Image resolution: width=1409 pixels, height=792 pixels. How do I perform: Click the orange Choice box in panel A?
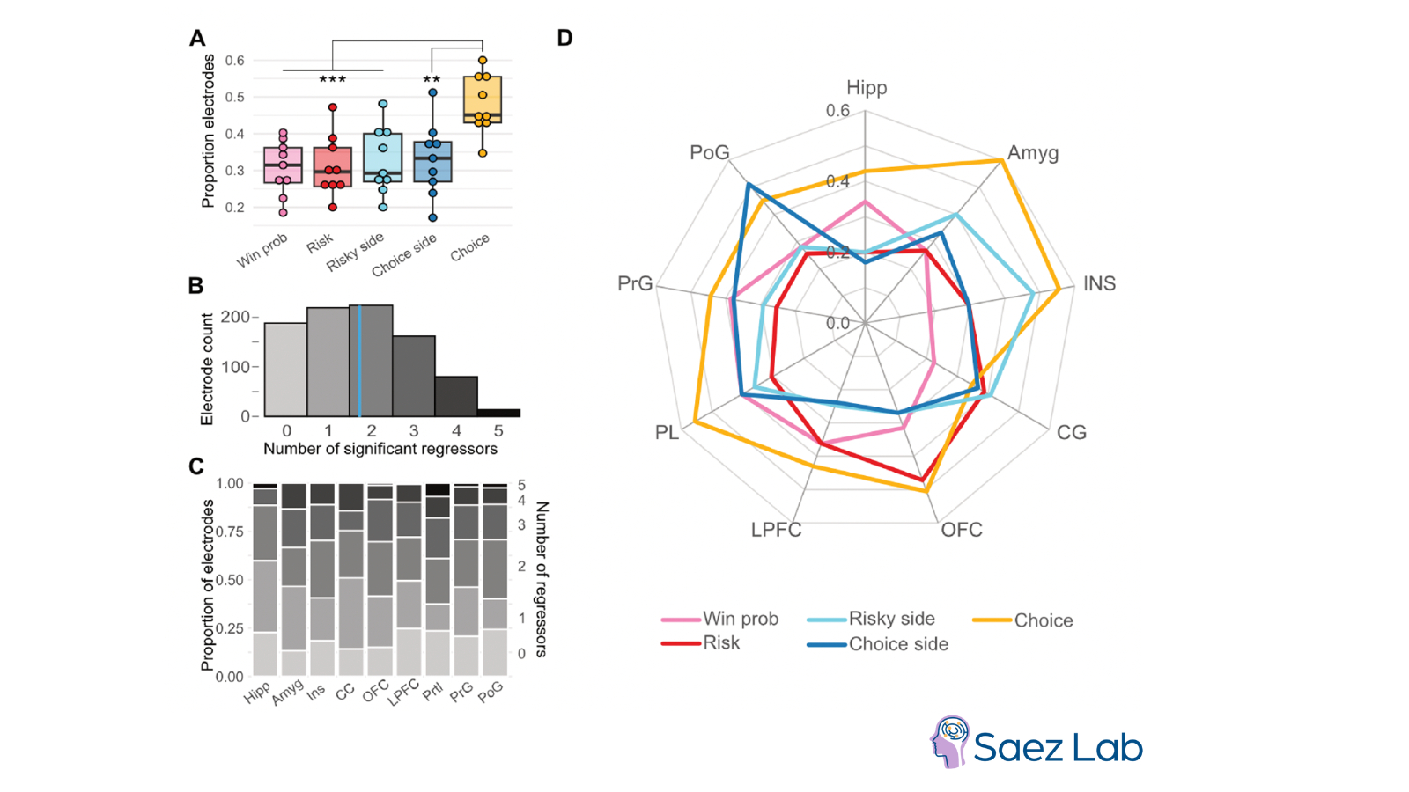pos(483,99)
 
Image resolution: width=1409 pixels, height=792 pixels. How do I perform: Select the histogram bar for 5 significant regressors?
pos(498,412)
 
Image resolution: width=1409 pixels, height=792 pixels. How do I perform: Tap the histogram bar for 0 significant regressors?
pos(286,370)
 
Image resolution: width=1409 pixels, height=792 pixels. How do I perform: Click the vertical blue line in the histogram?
pos(359,361)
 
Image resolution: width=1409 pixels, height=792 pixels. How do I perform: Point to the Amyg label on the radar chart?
pos(1033,153)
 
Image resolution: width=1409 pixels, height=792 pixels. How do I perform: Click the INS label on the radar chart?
pos(1099,283)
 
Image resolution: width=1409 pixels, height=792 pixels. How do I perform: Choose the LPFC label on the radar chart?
pos(776,530)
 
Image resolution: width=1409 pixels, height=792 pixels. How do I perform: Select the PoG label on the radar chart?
pos(709,153)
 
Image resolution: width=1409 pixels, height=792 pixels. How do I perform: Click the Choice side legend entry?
pos(898,644)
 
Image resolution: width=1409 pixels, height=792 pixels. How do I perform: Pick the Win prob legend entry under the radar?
pos(740,620)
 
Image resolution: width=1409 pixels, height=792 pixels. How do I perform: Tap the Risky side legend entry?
pos(891,619)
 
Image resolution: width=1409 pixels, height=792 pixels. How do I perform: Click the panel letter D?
pos(564,38)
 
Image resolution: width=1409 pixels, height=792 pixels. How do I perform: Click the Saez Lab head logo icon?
pos(950,741)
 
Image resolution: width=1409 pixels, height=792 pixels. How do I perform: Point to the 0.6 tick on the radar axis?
pos(837,111)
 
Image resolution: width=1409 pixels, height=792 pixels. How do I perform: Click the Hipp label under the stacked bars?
pos(257,693)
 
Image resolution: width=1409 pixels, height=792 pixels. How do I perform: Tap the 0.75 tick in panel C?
pos(230,532)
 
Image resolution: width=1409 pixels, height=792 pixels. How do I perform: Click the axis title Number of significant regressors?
pos(380,449)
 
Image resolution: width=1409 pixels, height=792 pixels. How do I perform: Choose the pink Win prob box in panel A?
pos(283,165)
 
